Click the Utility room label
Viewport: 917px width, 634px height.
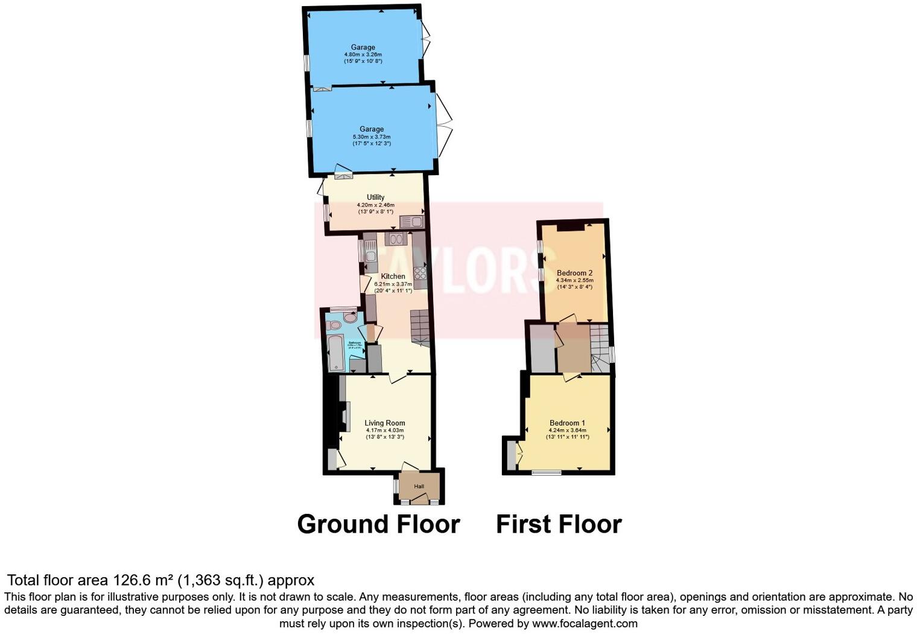coord(375,197)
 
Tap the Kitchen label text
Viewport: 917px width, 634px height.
coord(393,277)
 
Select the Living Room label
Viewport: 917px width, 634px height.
coord(385,423)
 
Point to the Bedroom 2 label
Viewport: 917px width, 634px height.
coord(574,273)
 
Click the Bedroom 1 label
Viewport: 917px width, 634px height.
coord(567,423)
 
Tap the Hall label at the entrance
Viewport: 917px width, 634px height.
coord(419,487)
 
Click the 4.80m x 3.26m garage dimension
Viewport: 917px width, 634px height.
coord(363,54)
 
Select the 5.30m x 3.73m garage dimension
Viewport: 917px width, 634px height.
coord(372,136)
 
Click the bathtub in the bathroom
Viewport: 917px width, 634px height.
coord(335,353)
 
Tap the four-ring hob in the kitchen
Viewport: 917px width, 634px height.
coord(420,274)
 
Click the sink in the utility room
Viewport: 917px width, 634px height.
coord(412,222)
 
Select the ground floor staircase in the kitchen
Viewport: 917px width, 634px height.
coord(419,327)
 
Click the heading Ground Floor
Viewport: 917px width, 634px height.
coord(378,524)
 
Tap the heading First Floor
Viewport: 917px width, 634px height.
coord(559,524)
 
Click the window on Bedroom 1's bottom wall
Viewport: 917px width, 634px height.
coord(546,473)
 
